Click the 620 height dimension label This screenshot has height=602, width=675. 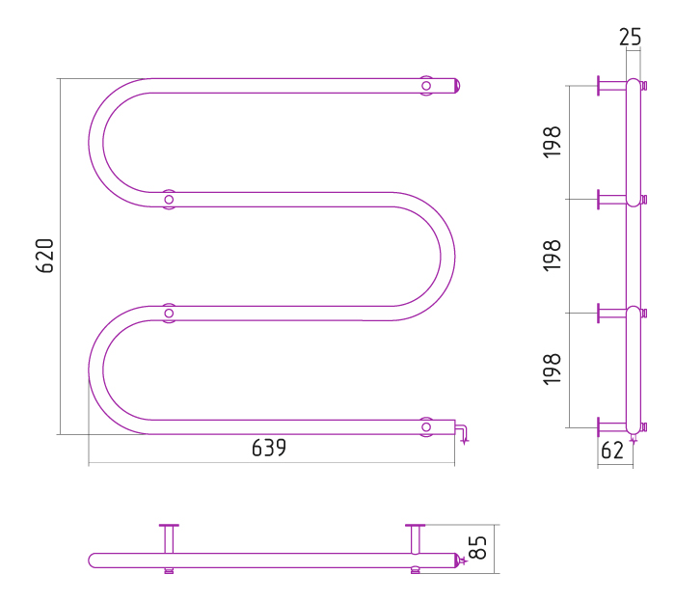point(44,256)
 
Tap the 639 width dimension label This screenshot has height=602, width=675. point(269,448)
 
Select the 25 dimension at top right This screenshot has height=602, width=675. point(631,37)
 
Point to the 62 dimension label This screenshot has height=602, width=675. point(612,451)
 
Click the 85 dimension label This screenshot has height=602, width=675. point(478,548)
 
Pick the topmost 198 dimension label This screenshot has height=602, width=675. point(553,143)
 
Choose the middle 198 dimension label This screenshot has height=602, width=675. point(553,256)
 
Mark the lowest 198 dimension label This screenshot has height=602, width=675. point(553,369)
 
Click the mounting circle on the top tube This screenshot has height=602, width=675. point(426,86)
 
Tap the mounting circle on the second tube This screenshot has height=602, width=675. point(169,200)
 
